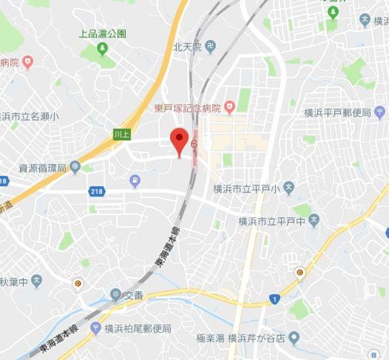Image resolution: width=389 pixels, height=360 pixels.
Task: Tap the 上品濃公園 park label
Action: tap(103, 34)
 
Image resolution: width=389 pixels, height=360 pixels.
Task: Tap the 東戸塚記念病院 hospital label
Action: tap(186, 109)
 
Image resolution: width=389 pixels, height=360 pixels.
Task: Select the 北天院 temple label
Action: tap(187, 46)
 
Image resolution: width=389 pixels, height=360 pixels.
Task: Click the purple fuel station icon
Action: tap(135, 180)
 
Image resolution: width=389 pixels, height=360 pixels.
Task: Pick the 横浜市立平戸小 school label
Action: tap(246, 189)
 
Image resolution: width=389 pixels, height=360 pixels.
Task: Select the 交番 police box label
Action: tap(134, 296)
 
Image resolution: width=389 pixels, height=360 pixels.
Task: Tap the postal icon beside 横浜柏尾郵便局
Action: tap(95, 328)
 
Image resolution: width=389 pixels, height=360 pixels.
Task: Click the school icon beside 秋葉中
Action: tap(36, 281)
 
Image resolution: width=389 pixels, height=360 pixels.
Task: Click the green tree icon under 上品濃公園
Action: tap(102, 47)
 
